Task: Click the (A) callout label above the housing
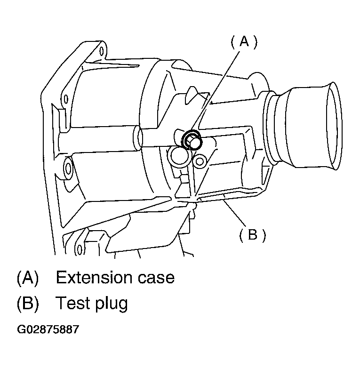[x=244, y=42]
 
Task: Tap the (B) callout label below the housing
[x=252, y=234]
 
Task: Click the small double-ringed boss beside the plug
[x=200, y=161]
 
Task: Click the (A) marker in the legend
[x=27, y=277]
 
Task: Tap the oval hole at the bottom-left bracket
[x=80, y=248]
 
